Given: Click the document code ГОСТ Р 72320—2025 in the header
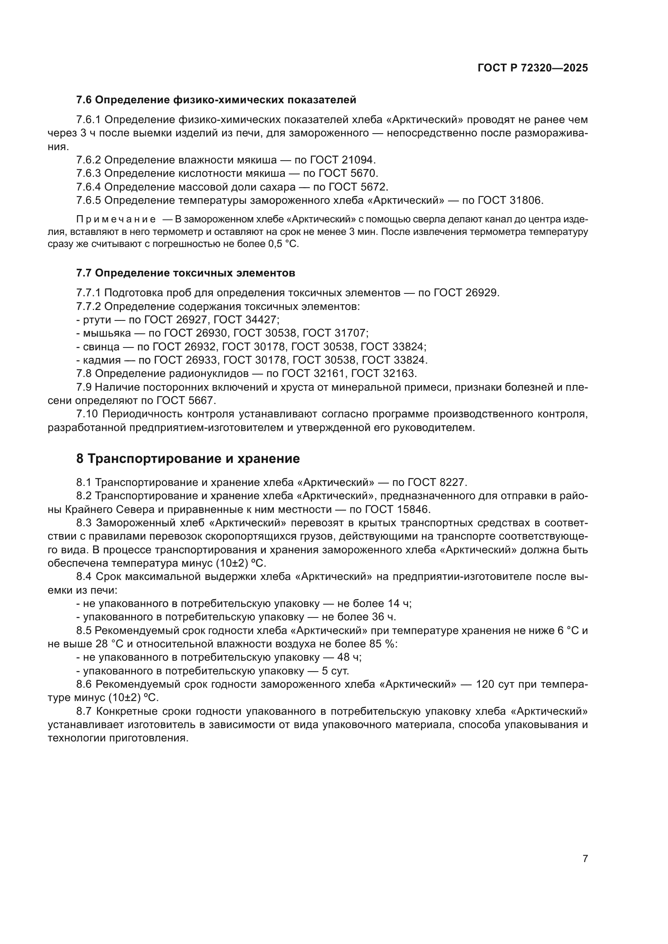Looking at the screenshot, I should (x=532, y=68).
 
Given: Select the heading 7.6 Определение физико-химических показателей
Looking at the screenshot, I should (x=216, y=100).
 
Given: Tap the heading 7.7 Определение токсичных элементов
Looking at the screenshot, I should (x=186, y=273).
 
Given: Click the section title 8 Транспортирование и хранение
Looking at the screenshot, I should (x=188, y=459).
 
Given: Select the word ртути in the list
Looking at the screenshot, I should (x=97, y=320).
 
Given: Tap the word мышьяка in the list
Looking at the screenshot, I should (x=107, y=333).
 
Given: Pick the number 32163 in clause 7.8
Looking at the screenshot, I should (x=400, y=373).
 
